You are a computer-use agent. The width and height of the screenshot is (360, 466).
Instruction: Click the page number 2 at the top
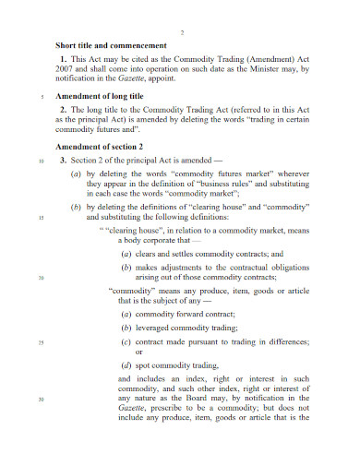[x=182, y=34]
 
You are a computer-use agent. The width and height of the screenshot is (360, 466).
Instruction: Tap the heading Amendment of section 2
[x=100, y=147]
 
